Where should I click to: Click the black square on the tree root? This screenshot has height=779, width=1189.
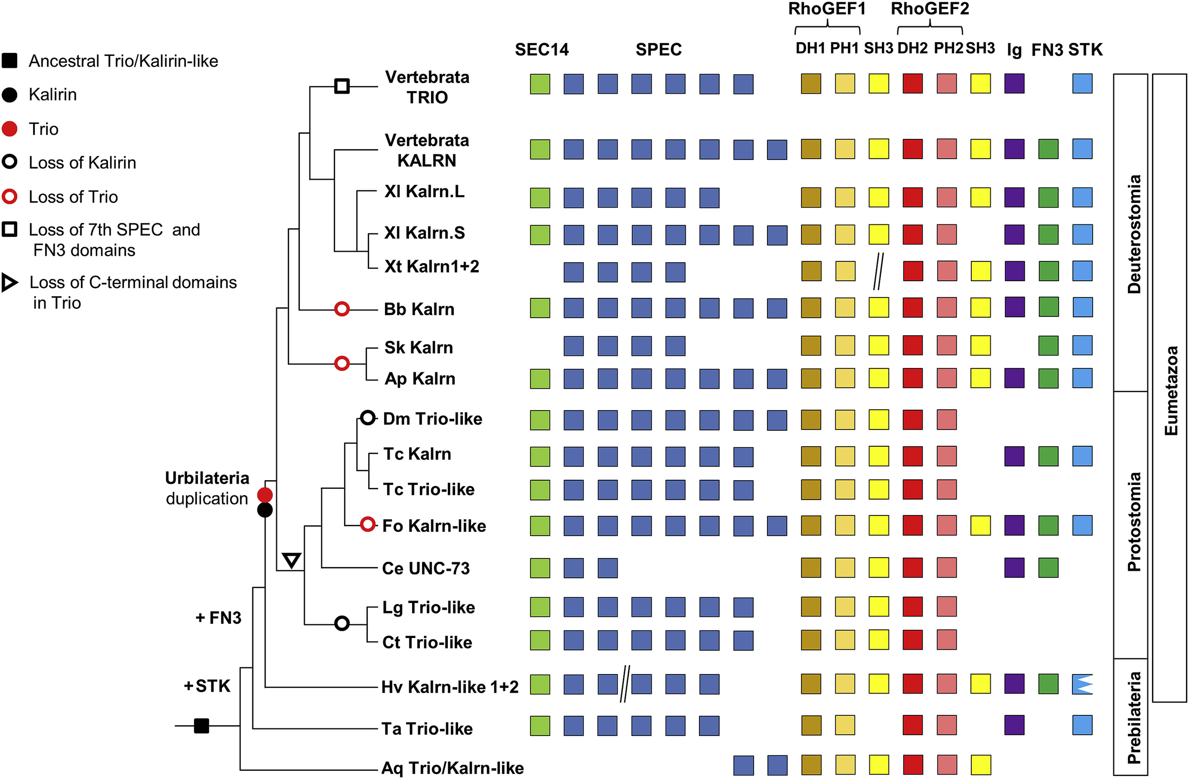(x=201, y=725)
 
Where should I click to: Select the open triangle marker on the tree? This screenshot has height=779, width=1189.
(x=292, y=559)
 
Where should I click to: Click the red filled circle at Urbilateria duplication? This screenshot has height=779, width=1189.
(x=265, y=495)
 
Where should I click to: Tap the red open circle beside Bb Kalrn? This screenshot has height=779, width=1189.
(x=342, y=309)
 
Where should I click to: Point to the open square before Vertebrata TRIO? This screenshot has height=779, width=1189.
(x=342, y=86)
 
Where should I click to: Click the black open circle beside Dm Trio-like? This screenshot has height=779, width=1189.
(x=368, y=418)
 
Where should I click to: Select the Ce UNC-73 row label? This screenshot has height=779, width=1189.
(x=426, y=568)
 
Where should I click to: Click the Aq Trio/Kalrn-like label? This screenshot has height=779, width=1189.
(x=452, y=768)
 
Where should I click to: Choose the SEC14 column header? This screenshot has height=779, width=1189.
(x=542, y=49)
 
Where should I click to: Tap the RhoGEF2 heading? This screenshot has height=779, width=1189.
(x=930, y=9)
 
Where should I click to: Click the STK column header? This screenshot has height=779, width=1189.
(x=1085, y=49)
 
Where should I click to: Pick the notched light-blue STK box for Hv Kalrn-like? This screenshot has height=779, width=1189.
(x=1082, y=684)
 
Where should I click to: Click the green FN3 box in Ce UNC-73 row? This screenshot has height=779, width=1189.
(x=1048, y=568)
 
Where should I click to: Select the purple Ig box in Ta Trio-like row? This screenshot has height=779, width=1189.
(x=1014, y=725)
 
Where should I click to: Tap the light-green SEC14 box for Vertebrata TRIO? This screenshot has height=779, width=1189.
(x=540, y=84)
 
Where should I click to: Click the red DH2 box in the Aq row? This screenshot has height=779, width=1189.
(x=913, y=765)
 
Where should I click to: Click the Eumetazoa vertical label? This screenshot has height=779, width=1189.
(x=1171, y=390)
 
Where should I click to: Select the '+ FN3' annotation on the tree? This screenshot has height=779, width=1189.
(x=218, y=618)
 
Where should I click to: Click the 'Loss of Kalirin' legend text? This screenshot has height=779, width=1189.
(x=82, y=162)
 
